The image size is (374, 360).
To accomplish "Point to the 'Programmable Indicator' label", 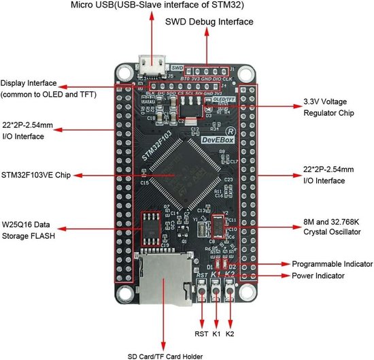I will pyautogui.click(x=332, y=263).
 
